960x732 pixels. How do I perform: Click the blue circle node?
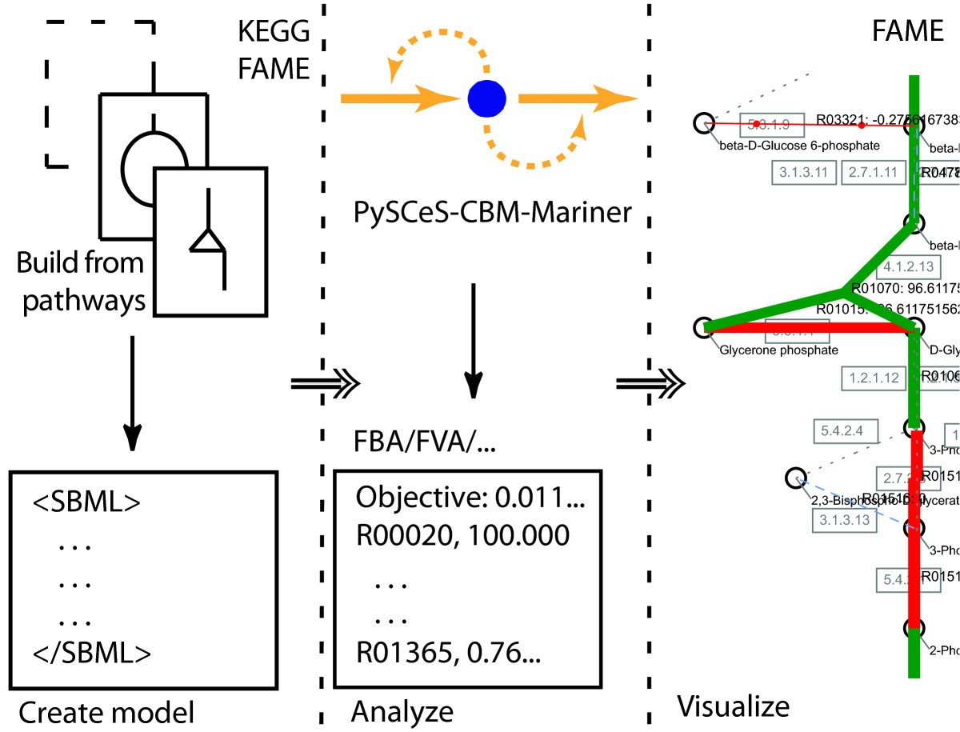(x=486, y=98)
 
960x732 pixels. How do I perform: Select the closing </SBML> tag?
(x=92, y=654)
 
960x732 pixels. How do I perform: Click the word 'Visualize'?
(x=733, y=706)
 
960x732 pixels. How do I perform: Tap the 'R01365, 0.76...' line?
(x=448, y=654)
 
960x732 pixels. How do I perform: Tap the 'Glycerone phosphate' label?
(x=778, y=350)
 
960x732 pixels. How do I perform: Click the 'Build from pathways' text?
(x=80, y=282)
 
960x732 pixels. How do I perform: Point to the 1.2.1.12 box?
(x=874, y=378)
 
